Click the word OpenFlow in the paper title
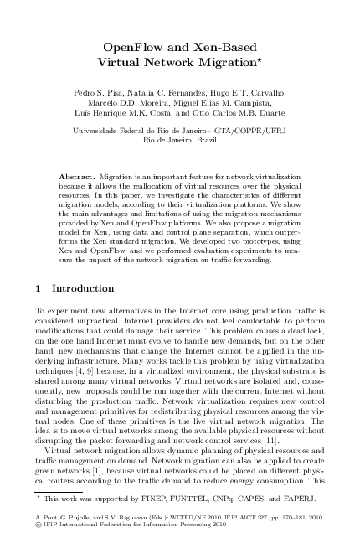click(x=132, y=47)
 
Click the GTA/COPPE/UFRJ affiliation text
click(x=243, y=131)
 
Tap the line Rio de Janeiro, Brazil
click(x=180, y=141)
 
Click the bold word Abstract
click(x=78, y=178)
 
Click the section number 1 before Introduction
click(x=37, y=288)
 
